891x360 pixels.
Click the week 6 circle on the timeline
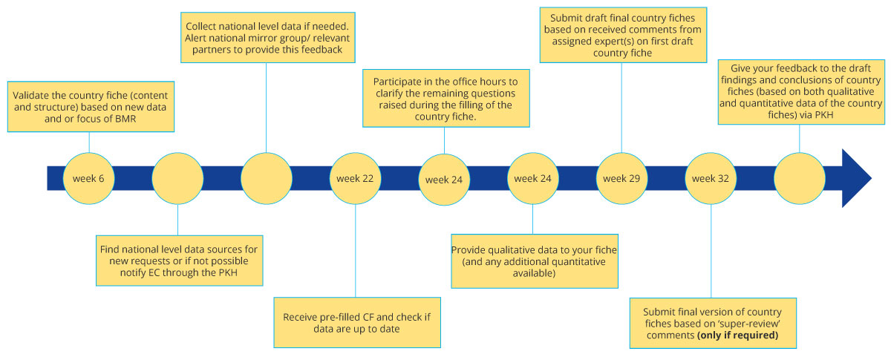tap(88, 179)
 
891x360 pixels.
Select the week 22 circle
tap(355, 179)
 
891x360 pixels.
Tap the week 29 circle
tap(621, 179)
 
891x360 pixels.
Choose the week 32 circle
tap(710, 179)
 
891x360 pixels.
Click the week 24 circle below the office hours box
tap(444, 179)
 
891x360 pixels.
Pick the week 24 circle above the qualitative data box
tap(533, 179)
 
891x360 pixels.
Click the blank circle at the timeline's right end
tap(799, 179)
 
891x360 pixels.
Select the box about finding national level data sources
tap(177, 260)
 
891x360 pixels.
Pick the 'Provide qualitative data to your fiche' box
tap(534, 261)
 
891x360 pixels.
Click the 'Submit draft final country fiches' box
tap(621, 33)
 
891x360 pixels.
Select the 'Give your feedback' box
tap(800, 95)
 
